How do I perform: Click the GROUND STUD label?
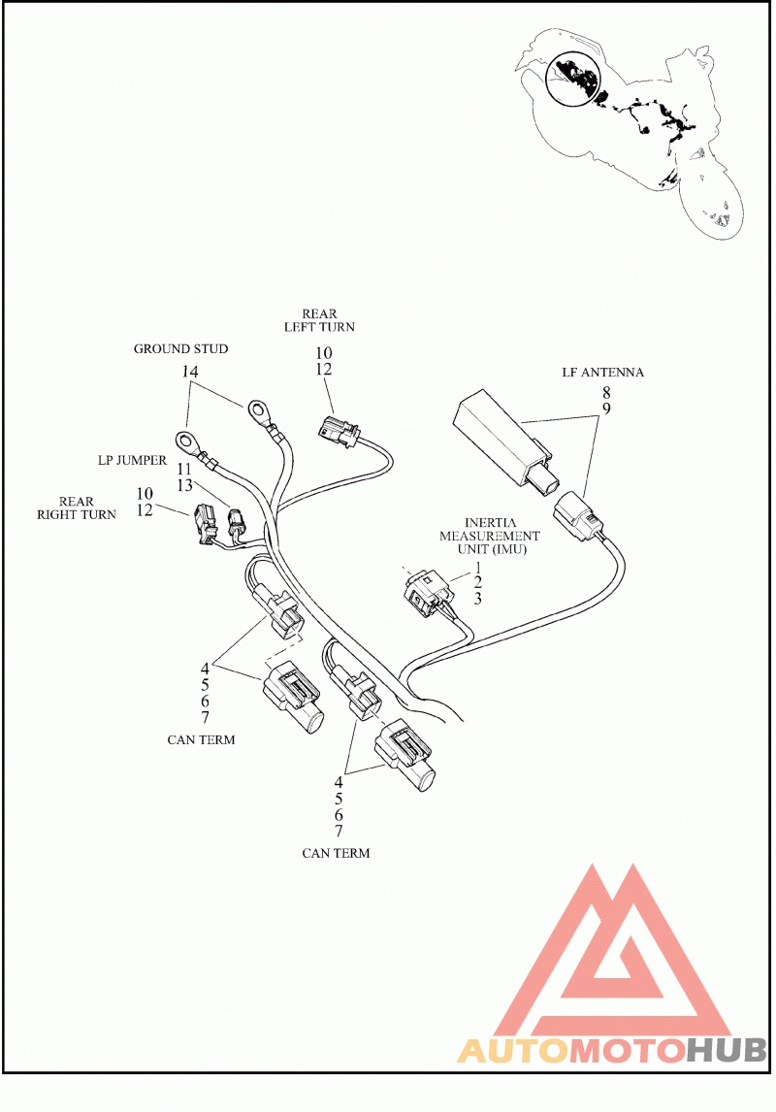pyautogui.click(x=180, y=349)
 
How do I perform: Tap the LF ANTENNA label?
pyautogui.click(x=603, y=373)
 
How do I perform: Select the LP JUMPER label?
pyautogui.click(x=132, y=460)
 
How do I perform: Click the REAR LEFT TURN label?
pyautogui.click(x=319, y=320)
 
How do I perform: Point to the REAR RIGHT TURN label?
pyautogui.click(x=77, y=507)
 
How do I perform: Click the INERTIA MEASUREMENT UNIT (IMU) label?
pyautogui.click(x=490, y=537)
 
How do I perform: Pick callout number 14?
pyautogui.click(x=189, y=372)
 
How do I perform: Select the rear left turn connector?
pyautogui.click(x=339, y=432)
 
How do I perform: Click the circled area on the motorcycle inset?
pyautogui.click(x=572, y=78)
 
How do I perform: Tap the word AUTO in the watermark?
pyautogui.click(x=513, y=1051)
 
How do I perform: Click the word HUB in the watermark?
pyautogui.click(x=727, y=1051)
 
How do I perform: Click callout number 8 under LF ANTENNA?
pyautogui.click(x=606, y=392)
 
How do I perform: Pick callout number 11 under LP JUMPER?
pyautogui.click(x=184, y=470)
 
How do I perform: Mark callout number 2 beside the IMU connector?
pyautogui.click(x=477, y=583)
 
